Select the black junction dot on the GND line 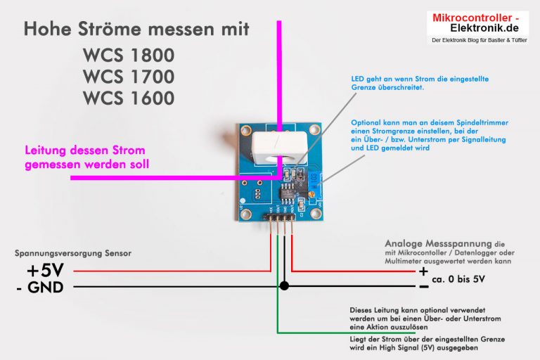[284, 286]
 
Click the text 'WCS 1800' [128, 55]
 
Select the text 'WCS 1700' [128, 75]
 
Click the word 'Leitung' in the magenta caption [47, 150]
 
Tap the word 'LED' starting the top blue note [358, 79]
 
